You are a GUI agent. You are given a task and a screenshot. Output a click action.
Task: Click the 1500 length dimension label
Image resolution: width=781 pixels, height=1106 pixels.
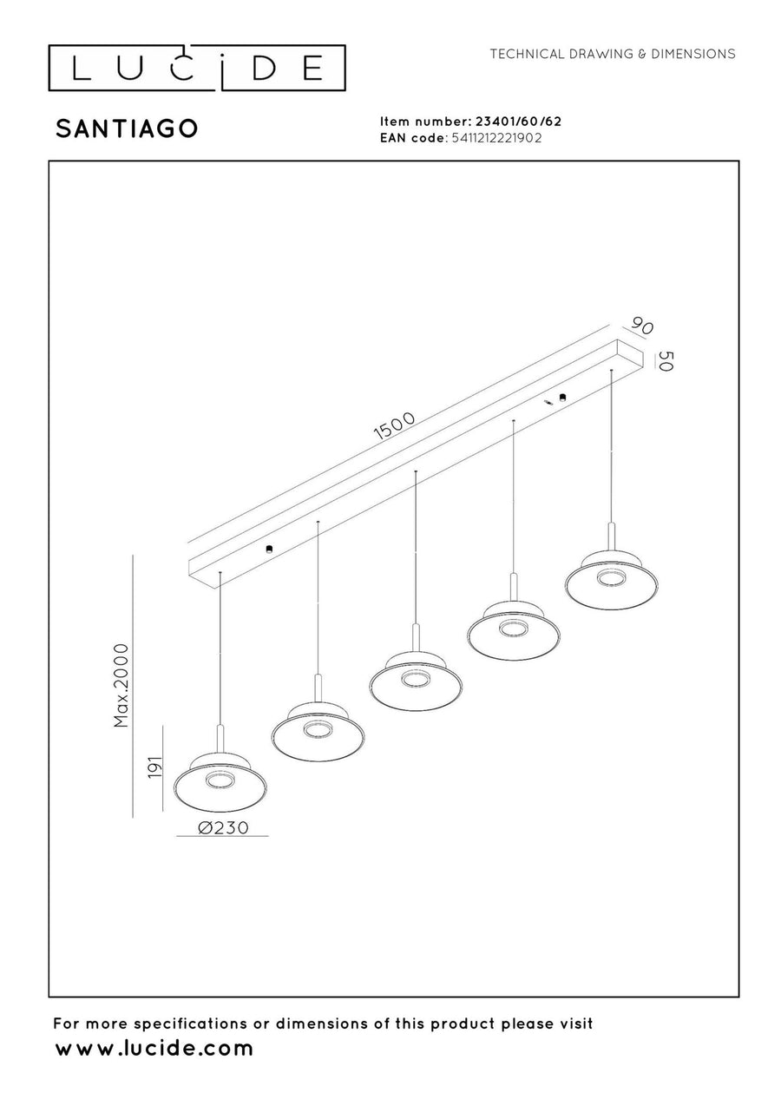pos(395,425)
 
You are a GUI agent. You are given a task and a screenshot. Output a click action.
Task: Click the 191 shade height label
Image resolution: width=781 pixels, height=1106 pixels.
pos(155,767)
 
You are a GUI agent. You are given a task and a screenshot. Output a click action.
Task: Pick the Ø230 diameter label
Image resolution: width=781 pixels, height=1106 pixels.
pos(223,827)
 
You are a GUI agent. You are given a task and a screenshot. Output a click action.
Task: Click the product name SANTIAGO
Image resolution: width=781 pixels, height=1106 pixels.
pos(127,128)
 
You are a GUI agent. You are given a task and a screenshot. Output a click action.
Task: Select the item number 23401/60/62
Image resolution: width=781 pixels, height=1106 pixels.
pos(518,122)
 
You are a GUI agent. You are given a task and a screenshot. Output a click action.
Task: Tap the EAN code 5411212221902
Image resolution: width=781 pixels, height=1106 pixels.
pos(496,138)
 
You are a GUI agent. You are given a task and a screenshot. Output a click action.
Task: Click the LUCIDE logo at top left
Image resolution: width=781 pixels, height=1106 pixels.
pos(196,68)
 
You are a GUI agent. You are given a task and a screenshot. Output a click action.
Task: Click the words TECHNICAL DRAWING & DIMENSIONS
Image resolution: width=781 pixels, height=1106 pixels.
pos(612,54)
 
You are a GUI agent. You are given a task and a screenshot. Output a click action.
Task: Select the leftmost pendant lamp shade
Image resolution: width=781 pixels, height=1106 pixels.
pos(220,782)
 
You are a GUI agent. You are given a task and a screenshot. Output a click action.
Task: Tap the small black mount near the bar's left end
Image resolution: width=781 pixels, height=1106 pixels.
pos(269,549)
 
